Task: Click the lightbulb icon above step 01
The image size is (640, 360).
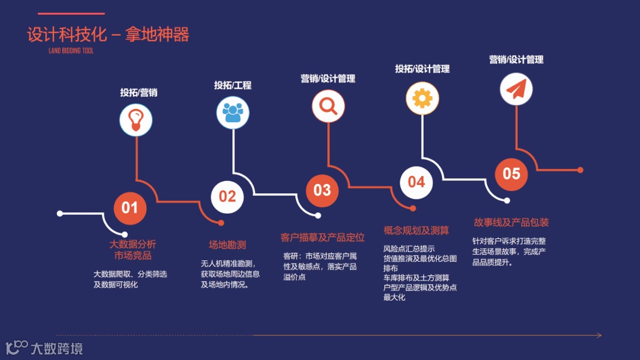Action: coord(136,120)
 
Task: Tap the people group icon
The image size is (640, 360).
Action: coord(233,112)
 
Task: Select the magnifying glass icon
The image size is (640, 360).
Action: coord(328,106)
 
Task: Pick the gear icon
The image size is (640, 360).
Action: coord(422,98)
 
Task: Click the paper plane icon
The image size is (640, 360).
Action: coord(516,90)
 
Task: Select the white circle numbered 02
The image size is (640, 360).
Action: coord(227,196)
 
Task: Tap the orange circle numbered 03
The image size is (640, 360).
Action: coord(322,190)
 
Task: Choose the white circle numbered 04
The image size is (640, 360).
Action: coord(416,181)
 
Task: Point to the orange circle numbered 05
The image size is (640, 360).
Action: coord(511,173)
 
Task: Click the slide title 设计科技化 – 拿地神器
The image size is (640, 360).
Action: coord(108,34)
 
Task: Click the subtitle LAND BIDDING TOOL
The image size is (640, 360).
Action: coord(71,51)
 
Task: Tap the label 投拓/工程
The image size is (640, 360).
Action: coord(233,85)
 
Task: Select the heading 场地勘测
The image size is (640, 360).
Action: coord(227,245)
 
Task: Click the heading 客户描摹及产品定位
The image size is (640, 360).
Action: coord(322,238)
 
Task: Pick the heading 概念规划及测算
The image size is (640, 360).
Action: coord(416,230)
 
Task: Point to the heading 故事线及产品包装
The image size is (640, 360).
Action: coord(511,222)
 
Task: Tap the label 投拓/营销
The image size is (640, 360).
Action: coord(138,93)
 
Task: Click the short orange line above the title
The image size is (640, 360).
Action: coord(71,14)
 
